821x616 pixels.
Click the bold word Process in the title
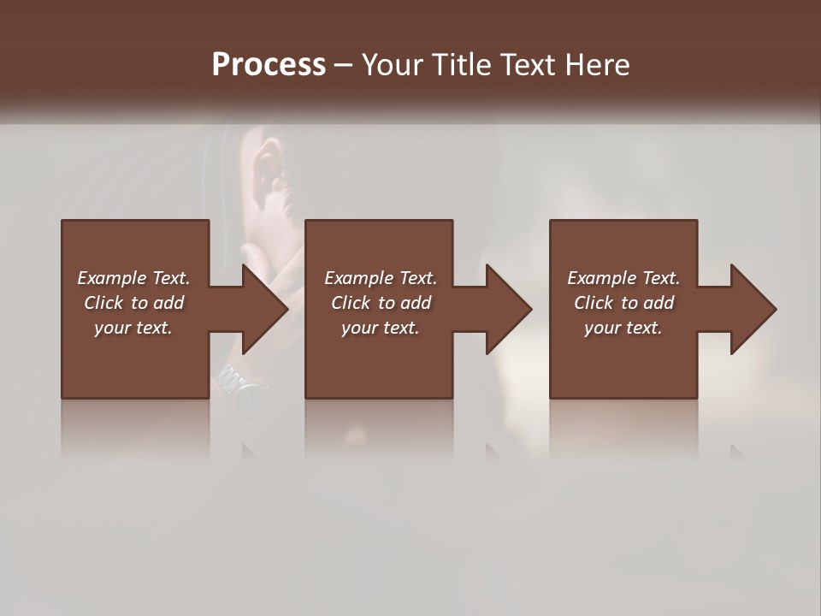point(269,65)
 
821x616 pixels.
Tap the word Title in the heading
point(460,65)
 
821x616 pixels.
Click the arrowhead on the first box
point(263,309)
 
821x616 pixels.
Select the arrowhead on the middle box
point(508,309)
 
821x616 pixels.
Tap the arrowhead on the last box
point(753,309)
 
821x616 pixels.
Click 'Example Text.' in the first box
point(133,278)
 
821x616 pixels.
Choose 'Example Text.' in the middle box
point(381,278)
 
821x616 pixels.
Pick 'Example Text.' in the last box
point(623,278)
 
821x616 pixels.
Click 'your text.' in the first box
point(133,328)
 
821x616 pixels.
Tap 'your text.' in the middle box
point(381,328)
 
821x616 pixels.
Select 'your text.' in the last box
point(623,328)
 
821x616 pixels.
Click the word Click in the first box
point(104,303)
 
